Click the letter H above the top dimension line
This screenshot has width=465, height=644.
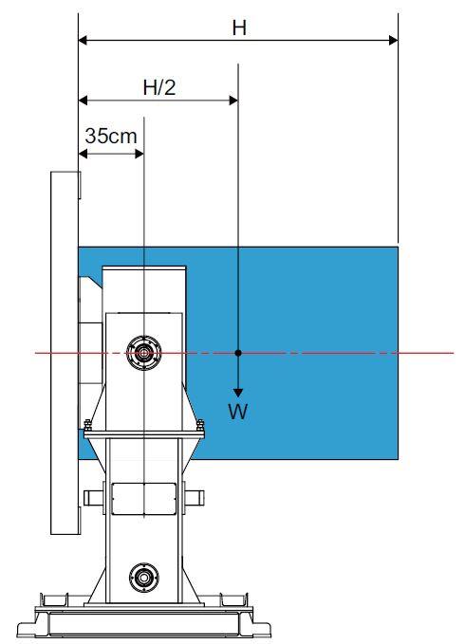pyautogui.click(x=239, y=28)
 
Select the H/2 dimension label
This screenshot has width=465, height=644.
pyautogui.click(x=159, y=87)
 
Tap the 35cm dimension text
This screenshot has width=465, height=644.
pyautogui.click(x=111, y=136)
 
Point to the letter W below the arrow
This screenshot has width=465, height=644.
pyautogui.click(x=238, y=411)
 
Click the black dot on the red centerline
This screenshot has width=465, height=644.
pyautogui.click(x=238, y=353)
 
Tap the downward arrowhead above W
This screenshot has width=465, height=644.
pyautogui.click(x=238, y=393)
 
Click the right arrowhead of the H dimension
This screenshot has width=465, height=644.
pyautogui.click(x=393, y=40)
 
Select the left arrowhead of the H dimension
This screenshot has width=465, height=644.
pyautogui.click(x=83, y=40)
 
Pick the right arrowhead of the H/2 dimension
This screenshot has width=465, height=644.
pyautogui.click(x=232, y=101)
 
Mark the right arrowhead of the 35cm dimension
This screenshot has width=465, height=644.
pyautogui.click(x=139, y=154)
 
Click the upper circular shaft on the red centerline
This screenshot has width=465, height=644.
pyautogui.click(x=143, y=353)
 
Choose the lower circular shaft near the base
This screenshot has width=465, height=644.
pyautogui.click(x=144, y=578)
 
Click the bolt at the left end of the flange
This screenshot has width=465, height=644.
pyautogui.click(x=87, y=426)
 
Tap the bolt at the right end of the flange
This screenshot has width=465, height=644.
pyautogui.click(x=200, y=426)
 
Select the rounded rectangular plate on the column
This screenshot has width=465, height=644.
pyautogui.click(x=144, y=499)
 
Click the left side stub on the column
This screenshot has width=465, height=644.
pyautogui.click(x=94, y=498)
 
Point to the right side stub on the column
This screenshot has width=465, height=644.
pyautogui.click(x=194, y=498)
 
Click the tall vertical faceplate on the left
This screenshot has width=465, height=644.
pyautogui.click(x=65, y=353)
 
